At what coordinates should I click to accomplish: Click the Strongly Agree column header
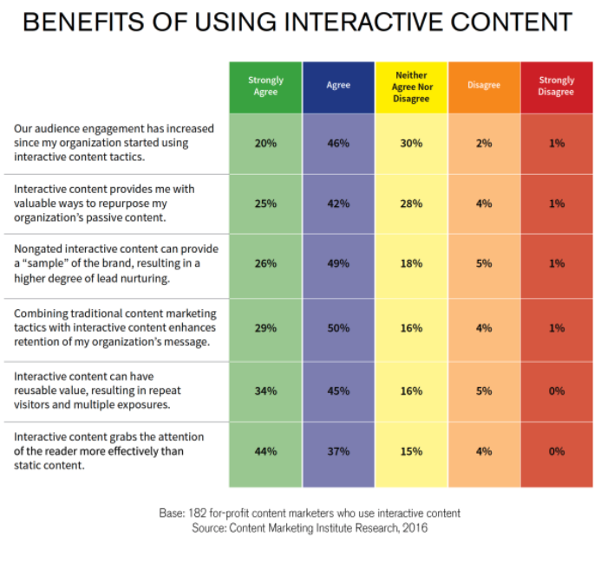(265, 87)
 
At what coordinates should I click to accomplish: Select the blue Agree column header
(338, 86)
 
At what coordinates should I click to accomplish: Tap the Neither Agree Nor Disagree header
(411, 87)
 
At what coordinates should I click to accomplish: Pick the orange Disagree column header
(484, 86)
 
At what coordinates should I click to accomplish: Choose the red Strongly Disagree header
(557, 87)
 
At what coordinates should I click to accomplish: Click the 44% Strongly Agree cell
(265, 451)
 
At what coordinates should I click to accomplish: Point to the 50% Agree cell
(338, 328)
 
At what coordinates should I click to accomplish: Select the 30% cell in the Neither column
(411, 143)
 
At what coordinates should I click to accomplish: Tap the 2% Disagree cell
(484, 143)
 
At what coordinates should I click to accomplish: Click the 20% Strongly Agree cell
(265, 143)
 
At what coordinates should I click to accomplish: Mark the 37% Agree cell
(338, 451)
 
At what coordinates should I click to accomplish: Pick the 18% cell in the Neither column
(411, 263)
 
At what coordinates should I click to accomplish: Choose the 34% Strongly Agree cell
(265, 391)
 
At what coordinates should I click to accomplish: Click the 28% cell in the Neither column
(411, 203)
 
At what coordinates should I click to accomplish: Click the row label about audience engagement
(113, 143)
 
